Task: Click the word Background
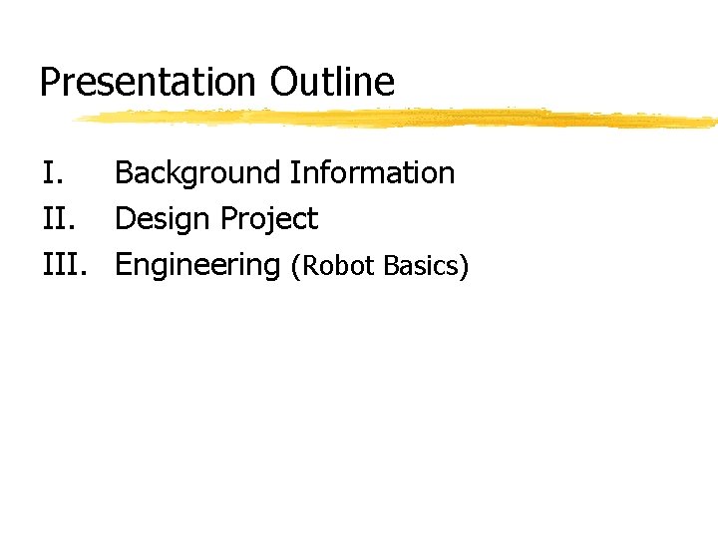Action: point(197,173)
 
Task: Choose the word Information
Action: point(372,173)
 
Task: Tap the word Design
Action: point(164,219)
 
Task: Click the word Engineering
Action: point(197,266)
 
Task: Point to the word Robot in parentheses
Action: point(336,266)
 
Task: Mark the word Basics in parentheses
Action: point(420,266)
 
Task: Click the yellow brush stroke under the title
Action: point(399,119)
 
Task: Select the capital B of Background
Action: point(124,173)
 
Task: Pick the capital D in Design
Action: point(125,219)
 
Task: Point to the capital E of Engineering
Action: point(124,265)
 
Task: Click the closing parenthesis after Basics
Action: point(462,267)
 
